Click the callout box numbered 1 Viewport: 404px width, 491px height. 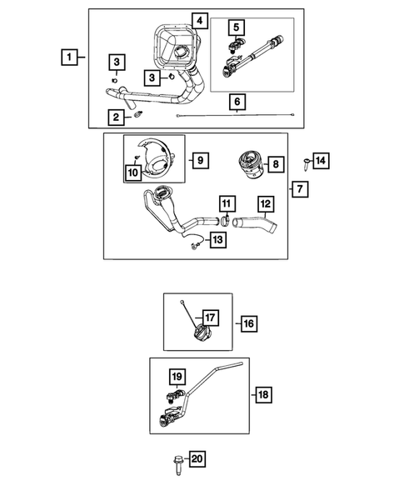[x=69, y=57]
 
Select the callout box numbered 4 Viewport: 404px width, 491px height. [x=200, y=21]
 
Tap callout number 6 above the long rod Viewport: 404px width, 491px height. [x=237, y=102]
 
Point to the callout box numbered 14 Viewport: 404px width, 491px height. [x=321, y=161]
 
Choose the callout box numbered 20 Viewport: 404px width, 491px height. [x=197, y=459]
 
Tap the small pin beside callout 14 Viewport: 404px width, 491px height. [x=306, y=163]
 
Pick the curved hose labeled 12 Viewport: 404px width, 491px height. [x=255, y=224]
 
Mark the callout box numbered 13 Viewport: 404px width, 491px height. [x=217, y=240]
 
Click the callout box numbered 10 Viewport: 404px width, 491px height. [x=133, y=173]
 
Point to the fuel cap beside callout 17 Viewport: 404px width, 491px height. [x=202, y=333]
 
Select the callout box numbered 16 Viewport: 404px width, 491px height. [x=249, y=323]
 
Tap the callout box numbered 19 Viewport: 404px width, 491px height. [x=177, y=377]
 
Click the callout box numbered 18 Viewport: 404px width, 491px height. [x=263, y=394]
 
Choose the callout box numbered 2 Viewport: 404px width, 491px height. [x=116, y=117]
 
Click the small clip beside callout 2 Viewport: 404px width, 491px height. [x=137, y=114]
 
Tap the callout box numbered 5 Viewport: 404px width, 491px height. [x=237, y=28]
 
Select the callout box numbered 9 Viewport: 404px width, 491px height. [x=201, y=160]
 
